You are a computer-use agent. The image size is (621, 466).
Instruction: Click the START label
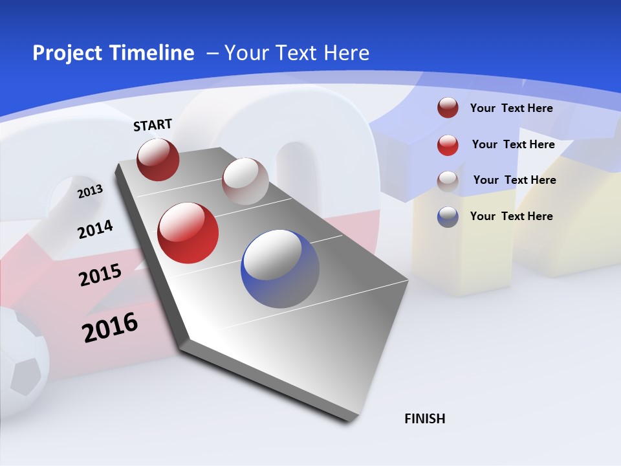tap(153, 125)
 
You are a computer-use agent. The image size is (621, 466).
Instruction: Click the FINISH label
tap(424, 419)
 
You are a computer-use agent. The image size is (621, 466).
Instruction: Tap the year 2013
tap(90, 192)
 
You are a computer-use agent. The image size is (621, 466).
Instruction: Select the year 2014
tap(95, 229)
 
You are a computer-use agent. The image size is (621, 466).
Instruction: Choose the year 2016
tap(110, 327)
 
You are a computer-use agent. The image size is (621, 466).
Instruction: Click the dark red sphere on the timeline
tap(158, 159)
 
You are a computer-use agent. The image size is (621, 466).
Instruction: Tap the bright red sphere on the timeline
tap(188, 233)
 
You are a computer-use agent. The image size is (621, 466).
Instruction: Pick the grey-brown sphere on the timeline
tap(245, 181)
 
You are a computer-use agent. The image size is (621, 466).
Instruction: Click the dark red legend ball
tap(448, 108)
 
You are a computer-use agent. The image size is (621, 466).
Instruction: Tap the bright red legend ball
tap(448, 144)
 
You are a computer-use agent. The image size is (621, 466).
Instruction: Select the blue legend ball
tap(448, 216)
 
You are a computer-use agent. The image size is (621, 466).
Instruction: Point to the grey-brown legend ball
tap(448, 181)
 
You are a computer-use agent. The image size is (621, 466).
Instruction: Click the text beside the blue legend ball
tap(511, 216)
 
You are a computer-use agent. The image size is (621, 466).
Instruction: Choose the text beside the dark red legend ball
tap(511, 108)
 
